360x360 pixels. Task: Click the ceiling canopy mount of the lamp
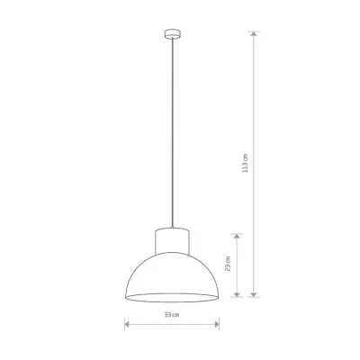(x=173, y=34)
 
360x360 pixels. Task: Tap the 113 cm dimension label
(x=246, y=163)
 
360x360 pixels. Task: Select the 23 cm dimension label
(x=228, y=264)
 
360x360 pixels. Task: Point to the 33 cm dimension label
(x=172, y=315)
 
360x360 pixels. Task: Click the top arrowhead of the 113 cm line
(x=254, y=33)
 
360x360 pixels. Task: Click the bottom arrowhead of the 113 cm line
(x=254, y=294)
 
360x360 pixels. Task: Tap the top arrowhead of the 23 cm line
(x=237, y=237)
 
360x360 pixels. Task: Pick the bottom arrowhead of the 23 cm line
(x=237, y=294)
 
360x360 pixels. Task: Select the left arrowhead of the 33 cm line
(x=127, y=324)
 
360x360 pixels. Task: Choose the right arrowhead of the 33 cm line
(x=217, y=324)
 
